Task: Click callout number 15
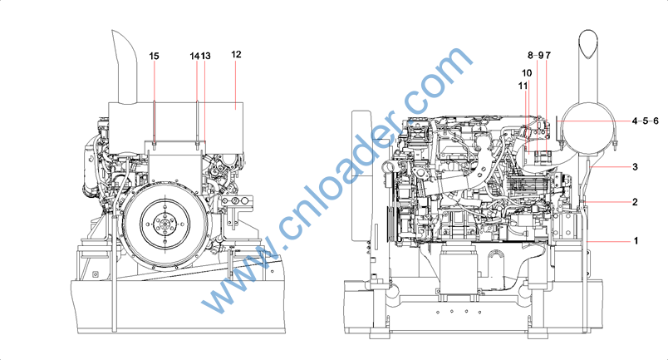click(155, 56)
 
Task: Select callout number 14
click(194, 56)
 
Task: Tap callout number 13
click(205, 56)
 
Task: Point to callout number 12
click(236, 55)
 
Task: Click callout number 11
click(523, 86)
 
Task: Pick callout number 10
click(527, 73)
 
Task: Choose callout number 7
click(548, 56)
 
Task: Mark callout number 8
click(530, 55)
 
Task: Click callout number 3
click(636, 167)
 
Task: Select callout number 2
click(636, 202)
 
